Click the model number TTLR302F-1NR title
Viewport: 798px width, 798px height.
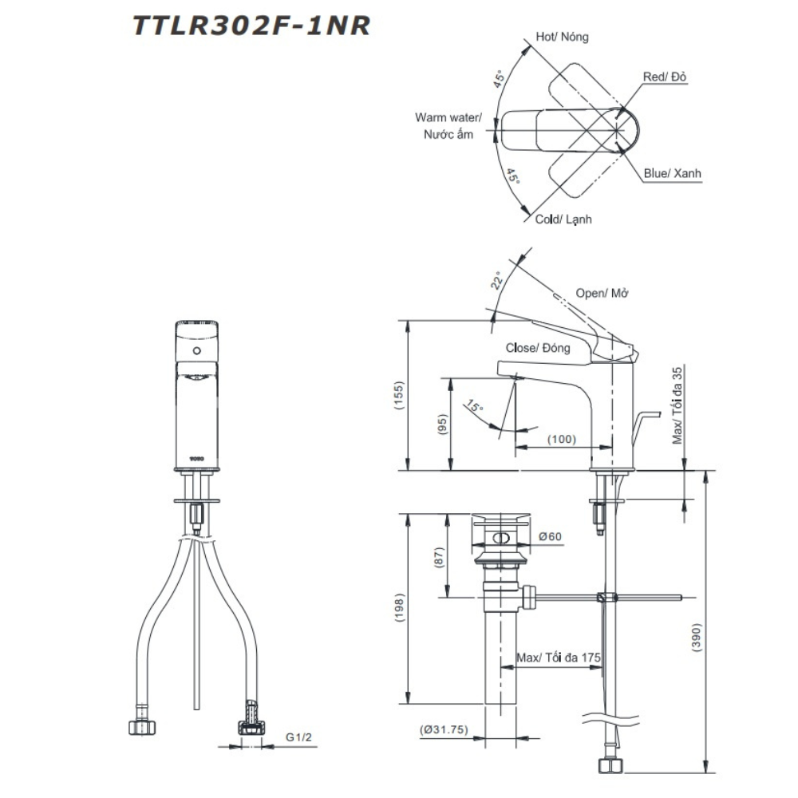[x=251, y=26]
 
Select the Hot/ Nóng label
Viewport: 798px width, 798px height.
[x=562, y=37]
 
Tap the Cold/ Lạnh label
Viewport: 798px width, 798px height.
[x=563, y=219]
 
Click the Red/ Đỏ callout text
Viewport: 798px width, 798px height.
[x=666, y=77]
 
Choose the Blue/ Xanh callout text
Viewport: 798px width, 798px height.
[x=673, y=173]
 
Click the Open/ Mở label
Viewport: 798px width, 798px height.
[x=602, y=293]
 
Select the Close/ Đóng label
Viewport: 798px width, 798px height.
[x=538, y=348]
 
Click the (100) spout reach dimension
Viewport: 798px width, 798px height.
[x=562, y=439]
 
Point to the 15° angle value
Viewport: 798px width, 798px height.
[x=476, y=409]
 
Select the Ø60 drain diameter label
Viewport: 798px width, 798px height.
[x=551, y=537]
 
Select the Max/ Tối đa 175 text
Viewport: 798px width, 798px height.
[x=558, y=658]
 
